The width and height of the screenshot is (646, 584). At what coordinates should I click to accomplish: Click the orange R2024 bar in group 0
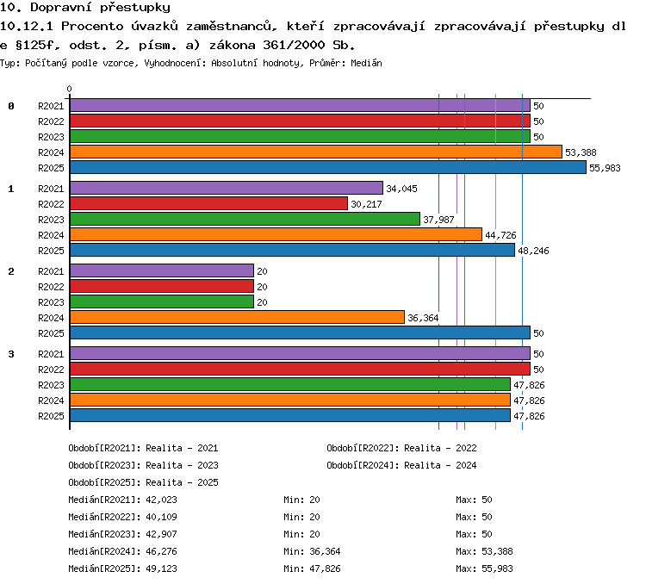click(316, 152)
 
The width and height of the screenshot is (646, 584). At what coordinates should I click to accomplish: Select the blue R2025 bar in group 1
click(292, 250)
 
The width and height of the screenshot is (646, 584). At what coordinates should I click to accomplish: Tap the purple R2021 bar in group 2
click(162, 270)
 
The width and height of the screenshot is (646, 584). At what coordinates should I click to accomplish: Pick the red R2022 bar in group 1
click(209, 203)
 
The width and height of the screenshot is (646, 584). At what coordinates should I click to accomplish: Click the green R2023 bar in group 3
click(290, 384)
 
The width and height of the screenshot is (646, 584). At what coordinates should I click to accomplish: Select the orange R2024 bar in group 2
click(238, 317)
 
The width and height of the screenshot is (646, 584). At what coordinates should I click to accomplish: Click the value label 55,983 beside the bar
click(605, 168)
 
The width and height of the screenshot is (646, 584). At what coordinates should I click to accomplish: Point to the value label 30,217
click(366, 204)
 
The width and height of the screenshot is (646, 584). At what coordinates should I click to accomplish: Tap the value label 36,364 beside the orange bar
click(423, 318)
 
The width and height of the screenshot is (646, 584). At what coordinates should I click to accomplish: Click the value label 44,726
click(500, 235)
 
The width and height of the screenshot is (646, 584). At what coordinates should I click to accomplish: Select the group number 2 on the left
click(11, 271)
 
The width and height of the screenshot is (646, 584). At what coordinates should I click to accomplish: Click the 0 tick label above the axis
click(69, 89)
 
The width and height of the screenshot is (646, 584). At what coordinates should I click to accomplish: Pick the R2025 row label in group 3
click(51, 416)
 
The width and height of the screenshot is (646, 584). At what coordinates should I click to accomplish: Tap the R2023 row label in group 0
click(51, 137)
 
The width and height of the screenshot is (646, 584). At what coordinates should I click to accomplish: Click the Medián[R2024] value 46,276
click(162, 551)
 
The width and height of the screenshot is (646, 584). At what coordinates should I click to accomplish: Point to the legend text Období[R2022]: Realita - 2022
click(401, 448)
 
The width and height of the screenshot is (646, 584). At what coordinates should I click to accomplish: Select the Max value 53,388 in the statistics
click(497, 551)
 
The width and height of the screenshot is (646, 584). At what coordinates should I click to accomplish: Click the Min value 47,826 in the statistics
click(325, 568)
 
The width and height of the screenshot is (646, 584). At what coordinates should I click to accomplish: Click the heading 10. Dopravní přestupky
click(85, 8)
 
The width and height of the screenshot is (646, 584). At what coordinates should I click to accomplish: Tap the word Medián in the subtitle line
click(366, 63)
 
